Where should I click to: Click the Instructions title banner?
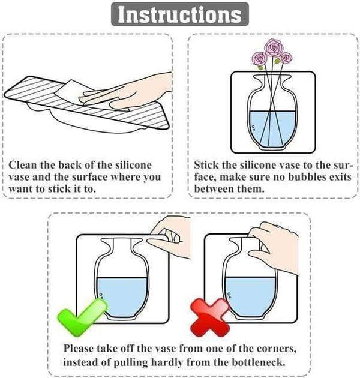coord(180,14)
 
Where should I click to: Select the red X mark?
coord(210,318)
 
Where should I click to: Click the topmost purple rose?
coord(273,48)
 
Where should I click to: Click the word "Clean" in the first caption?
coord(23,165)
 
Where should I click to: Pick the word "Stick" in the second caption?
coord(206,165)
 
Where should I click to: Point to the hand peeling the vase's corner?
coord(169,238)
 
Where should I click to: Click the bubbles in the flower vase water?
coord(253,128)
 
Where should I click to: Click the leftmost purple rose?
coord(259,59)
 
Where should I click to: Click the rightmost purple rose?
coord(286,58)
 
